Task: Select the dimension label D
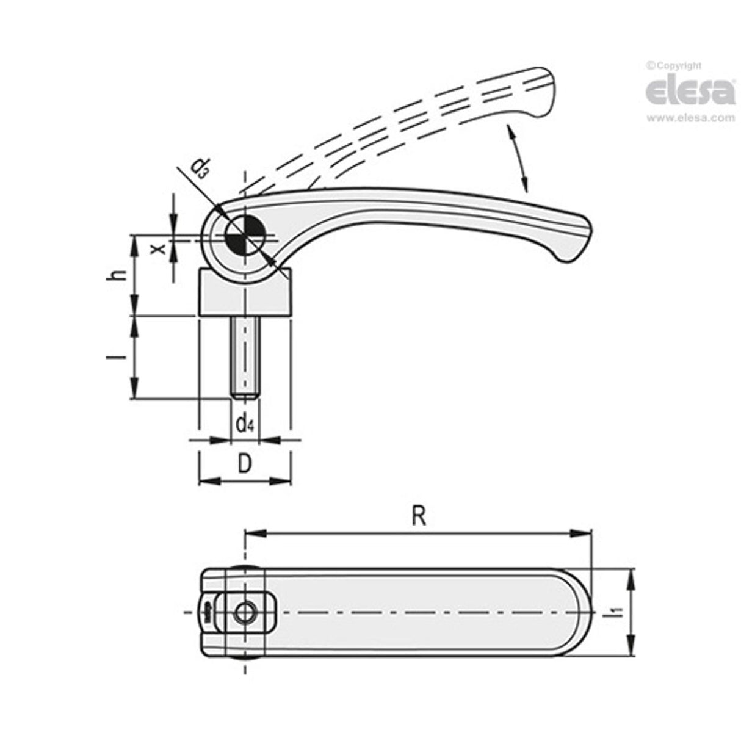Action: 244,464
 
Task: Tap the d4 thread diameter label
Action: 245,422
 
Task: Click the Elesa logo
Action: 690,92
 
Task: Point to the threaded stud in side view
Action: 245,357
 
